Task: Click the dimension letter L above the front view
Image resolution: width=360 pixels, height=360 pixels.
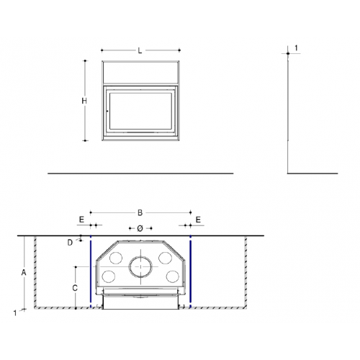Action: click(140, 50)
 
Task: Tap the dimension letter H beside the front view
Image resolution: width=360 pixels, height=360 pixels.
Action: click(84, 101)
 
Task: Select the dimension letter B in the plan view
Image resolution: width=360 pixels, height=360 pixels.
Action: click(140, 212)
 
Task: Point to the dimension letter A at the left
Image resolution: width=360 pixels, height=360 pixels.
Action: click(24, 273)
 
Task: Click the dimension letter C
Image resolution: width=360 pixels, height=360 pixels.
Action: click(75, 288)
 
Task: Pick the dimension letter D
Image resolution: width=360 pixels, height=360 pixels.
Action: click(70, 243)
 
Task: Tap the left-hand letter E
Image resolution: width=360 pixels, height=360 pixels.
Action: click(81, 220)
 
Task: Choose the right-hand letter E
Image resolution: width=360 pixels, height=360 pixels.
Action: click(198, 220)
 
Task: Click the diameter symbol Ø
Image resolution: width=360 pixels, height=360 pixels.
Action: click(140, 228)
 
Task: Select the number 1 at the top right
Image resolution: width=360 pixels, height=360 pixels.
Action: click(296, 48)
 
